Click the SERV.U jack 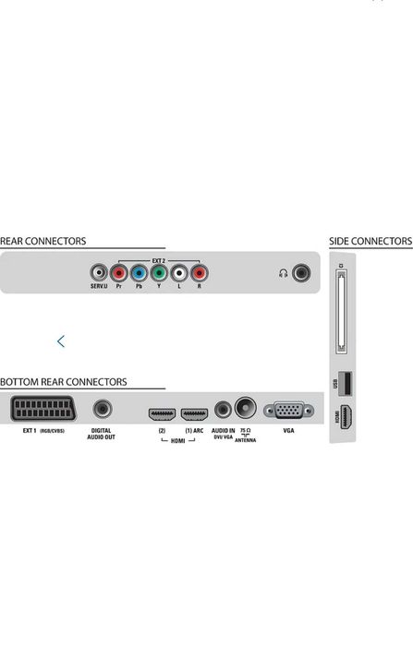coord(99,273)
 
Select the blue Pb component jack coord(139,273)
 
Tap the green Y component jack coord(159,273)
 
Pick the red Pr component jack coord(118,273)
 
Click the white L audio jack coord(179,273)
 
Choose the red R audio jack coord(200,273)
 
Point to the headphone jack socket coord(301,273)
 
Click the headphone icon coord(283,273)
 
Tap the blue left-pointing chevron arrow coord(61,341)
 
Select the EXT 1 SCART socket coord(43,409)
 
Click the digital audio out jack coord(103,409)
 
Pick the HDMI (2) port coord(162,414)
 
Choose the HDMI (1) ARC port coord(194,414)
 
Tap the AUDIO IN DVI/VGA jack coord(223,410)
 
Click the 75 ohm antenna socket coord(246,408)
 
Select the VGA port coord(288,411)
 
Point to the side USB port coord(345,383)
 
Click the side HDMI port coord(346,417)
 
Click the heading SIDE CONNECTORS coord(370,241)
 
